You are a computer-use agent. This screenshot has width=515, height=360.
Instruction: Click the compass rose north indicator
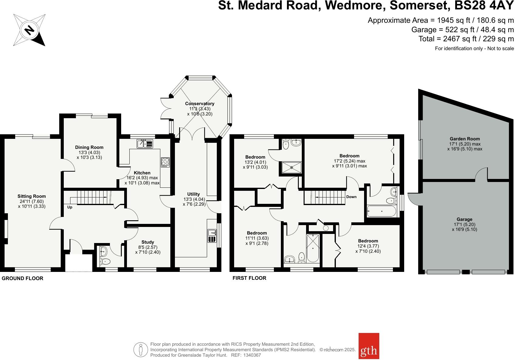pyautogui.click(x=29, y=30)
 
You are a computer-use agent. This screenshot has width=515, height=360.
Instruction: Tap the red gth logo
pyautogui.click(x=369, y=350)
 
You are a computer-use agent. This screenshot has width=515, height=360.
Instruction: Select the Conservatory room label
pyautogui.click(x=200, y=104)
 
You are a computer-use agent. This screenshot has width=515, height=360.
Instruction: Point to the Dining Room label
pyautogui.click(x=89, y=147)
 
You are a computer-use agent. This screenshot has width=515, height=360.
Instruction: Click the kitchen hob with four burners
pyautogui.click(x=165, y=162)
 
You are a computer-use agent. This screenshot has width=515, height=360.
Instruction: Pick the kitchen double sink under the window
pyautogui.click(x=145, y=143)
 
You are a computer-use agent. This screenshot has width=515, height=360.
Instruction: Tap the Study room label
pyautogui.click(x=148, y=242)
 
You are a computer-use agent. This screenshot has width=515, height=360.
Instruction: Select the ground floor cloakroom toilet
pyautogui.click(x=106, y=261)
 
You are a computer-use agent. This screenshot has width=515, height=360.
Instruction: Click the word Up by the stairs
pyautogui.click(x=70, y=207)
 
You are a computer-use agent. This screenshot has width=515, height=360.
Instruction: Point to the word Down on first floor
pyautogui.click(x=351, y=197)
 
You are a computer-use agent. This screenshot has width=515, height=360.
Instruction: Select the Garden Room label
pyautogui.click(x=465, y=139)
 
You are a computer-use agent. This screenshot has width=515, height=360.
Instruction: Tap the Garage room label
pyautogui.click(x=464, y=219)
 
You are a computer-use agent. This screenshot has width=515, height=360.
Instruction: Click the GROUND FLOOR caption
pyautogui.click(x=22, y=278)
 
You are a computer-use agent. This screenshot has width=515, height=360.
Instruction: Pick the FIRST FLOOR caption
pyautogui.click(x=249, y=278)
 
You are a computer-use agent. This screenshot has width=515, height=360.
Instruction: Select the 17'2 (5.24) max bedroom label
pyautogui.click(x=350, y=161)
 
